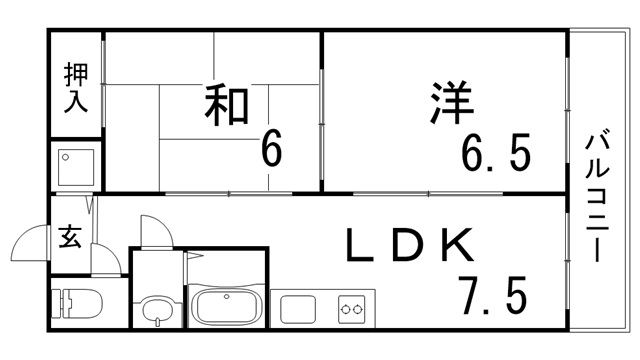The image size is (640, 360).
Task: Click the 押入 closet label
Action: (76, 87)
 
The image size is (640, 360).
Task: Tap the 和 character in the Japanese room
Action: (227, 104)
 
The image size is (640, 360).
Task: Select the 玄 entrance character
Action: (70, 237)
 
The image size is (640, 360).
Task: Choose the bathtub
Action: (226, 306)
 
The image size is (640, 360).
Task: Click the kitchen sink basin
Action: (297, 308)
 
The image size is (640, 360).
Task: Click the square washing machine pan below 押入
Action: (76, 166)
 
